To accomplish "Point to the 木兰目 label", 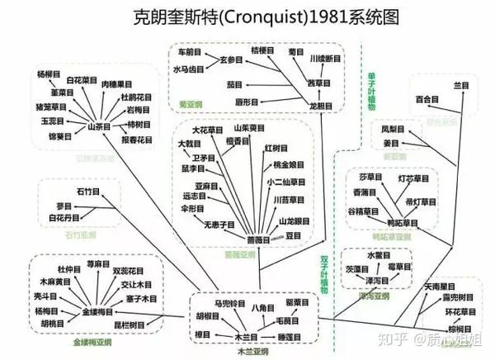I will click(x=246, y=336).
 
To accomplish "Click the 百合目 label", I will click(x=427, y=100).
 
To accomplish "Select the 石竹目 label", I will click(x=87, y=191).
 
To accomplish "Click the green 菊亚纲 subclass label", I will click(x=191, y=105).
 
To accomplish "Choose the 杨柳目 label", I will click(x=49, y=75).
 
